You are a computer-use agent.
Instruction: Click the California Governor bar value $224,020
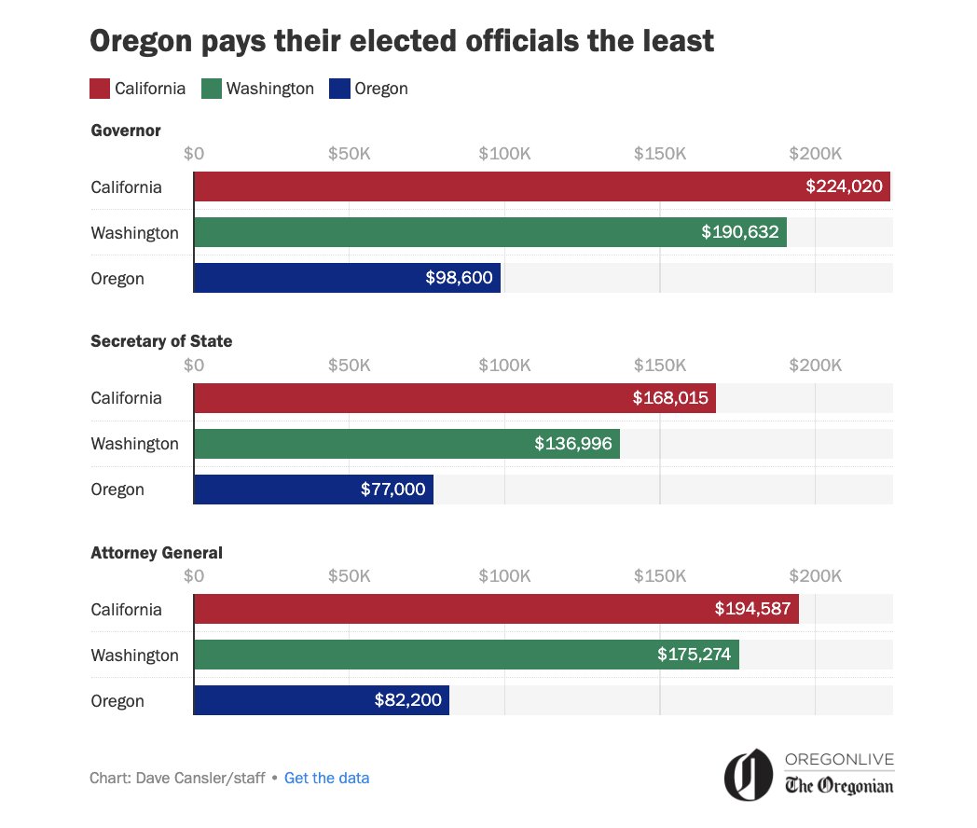844,186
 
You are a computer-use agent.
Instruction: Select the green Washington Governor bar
489,232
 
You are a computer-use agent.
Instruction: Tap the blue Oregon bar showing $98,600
347,278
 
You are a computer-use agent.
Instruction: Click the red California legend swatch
101,89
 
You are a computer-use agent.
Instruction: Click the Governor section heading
126,131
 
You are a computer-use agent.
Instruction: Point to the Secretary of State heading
161,341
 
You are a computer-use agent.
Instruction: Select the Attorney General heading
157,553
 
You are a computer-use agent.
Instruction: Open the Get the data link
326,778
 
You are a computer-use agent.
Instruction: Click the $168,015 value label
670,398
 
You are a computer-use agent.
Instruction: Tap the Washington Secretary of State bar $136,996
406,444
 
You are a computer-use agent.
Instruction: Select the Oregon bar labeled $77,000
313,490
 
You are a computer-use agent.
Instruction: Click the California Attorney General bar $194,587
496,609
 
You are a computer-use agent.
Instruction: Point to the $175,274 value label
694,655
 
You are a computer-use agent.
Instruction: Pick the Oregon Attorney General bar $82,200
321,700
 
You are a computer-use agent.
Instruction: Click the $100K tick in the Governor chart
504,153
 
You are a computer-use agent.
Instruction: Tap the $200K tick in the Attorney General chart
815,576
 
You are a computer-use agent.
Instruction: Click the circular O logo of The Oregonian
749,775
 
